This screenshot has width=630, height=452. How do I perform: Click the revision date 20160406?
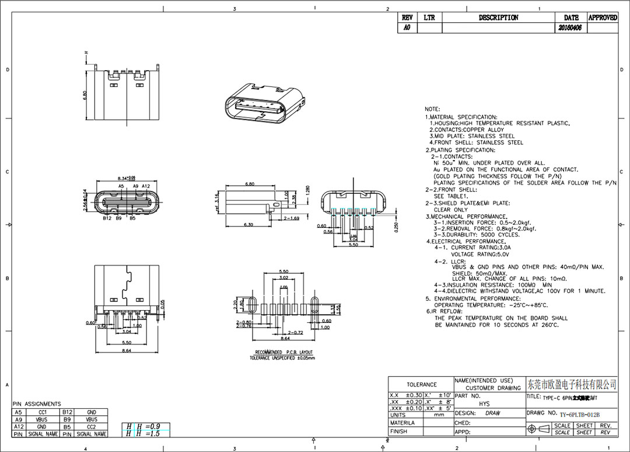[569, 27]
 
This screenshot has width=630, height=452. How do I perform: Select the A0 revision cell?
[407, 27]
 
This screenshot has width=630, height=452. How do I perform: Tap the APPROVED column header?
[602, 18]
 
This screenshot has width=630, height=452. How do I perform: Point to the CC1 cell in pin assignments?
[43, 412]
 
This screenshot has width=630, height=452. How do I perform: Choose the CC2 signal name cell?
[92, 427]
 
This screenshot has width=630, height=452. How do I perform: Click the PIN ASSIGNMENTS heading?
[36, 404]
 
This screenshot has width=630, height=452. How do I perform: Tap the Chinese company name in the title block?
[571, 384]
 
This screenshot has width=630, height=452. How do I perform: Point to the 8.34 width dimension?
[126, 178]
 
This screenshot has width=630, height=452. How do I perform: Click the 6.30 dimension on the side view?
[248, 225]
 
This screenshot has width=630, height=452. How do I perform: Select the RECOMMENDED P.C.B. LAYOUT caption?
[284, 352]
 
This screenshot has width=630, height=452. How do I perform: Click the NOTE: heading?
[432, 109]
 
